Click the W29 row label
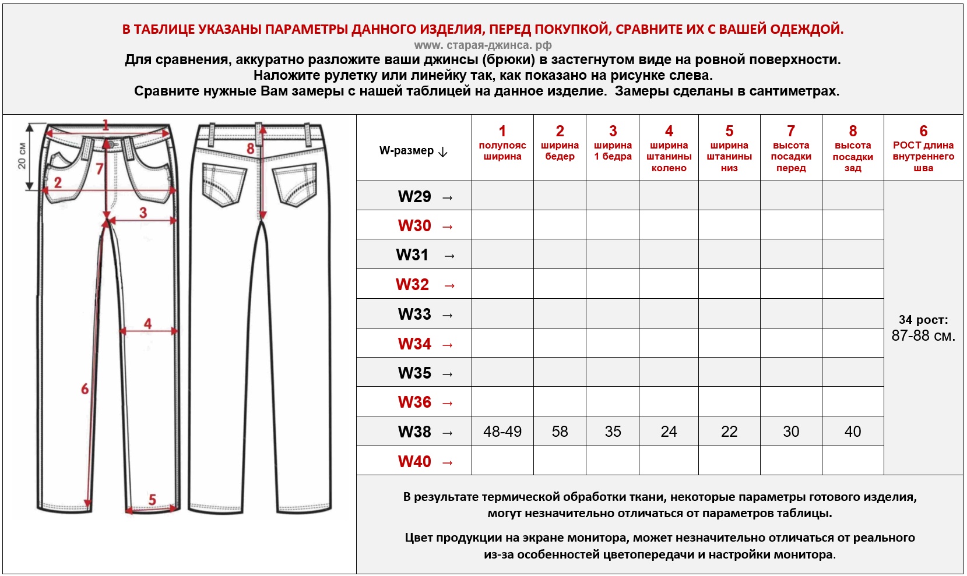[414, 196]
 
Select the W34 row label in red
[414, 344]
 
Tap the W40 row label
[414, 461]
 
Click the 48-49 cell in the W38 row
[502, 432]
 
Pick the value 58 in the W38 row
[560, 432]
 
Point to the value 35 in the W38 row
[613, 432]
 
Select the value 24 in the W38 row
[669, 432]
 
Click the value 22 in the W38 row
[729, 432]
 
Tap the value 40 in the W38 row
[853, 432]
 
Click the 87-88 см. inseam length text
[923, 336]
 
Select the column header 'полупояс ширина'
[502, 150]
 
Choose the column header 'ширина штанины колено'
[669, 156]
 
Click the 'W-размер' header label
[407, 151]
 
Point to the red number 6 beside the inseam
[85, 388]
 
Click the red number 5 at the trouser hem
[152, 499]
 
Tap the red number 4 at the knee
[147, 323]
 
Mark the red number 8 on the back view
[251, 149]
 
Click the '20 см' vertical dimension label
[22, 156]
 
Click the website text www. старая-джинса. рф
[483, 45]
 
